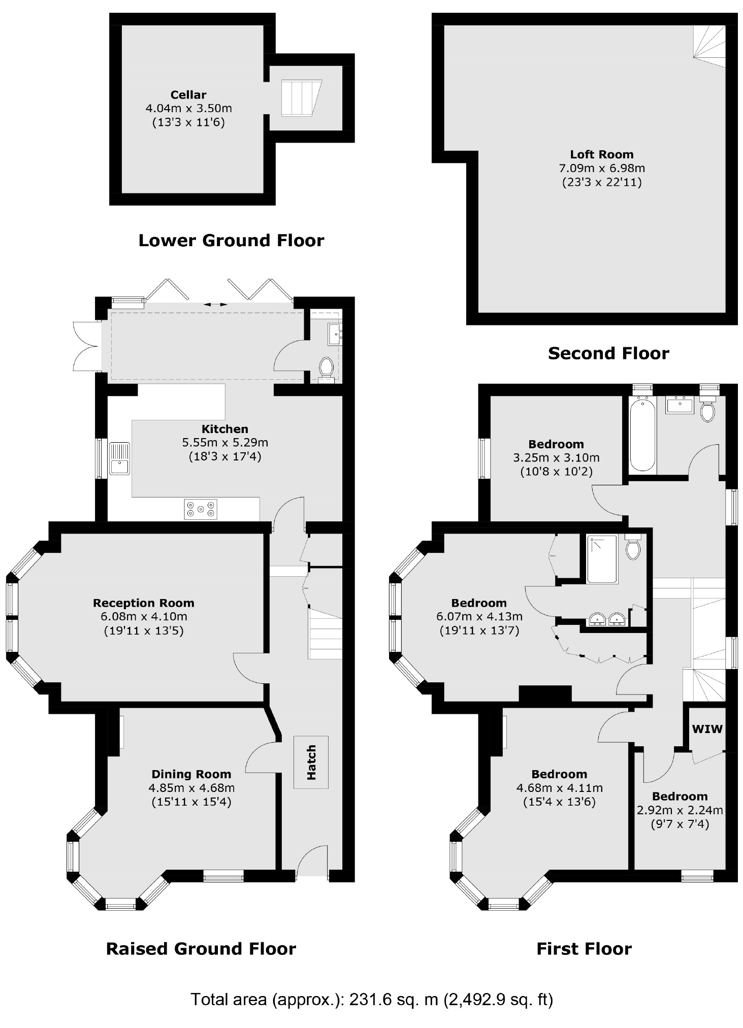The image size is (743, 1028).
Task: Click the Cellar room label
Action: point(188,95)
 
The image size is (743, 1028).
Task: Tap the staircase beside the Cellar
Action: point(301,97)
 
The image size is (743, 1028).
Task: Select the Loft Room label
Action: point(601,154)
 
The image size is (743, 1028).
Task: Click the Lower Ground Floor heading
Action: point(231,240)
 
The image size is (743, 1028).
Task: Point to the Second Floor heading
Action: point(608,353)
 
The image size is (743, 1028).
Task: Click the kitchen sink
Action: point(119,458)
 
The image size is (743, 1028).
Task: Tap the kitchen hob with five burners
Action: point(201,509)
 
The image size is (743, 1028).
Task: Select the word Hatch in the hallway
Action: point(311,762)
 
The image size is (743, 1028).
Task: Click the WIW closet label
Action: point(707,729)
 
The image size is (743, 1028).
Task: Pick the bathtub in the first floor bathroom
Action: point(642,436)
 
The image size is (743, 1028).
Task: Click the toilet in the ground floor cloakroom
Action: point(326,367)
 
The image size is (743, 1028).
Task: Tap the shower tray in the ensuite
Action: point(602,558)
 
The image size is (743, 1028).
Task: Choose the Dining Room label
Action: point(191,774)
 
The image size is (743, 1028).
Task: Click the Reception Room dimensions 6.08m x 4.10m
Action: point(144,616)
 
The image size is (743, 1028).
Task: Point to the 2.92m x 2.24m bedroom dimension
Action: point(680,810)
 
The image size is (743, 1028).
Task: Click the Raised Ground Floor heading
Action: point(201,948)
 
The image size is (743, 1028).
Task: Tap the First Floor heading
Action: point(584,948)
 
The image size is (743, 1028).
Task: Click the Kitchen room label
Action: point(224,428)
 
